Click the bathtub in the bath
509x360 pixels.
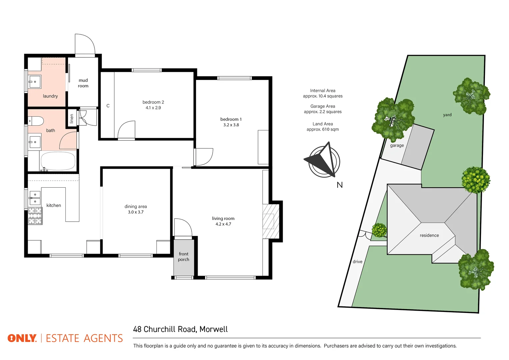pos(58,161)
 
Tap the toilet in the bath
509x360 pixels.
pos(36,120)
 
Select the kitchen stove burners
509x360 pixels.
pos(35,216)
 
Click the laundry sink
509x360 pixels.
pos(35,82)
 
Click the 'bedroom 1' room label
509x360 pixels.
pos(231,119)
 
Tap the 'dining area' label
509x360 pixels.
pos(136,207)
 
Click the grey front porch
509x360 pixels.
pos(183,257)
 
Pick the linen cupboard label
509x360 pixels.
pos(72,119)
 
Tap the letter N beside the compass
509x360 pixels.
pos(340,185)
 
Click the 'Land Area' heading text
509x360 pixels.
pos(323,124)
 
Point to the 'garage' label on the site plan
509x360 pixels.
pos(397,145)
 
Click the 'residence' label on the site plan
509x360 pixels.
pos(429,235)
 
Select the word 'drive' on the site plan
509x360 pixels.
pos(357,262)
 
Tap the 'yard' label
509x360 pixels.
pos(447,115)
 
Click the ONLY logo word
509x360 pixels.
pos(22,338)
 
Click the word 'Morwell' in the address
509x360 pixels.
pos(214,329)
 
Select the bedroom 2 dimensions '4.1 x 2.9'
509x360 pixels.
pos(153,108)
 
